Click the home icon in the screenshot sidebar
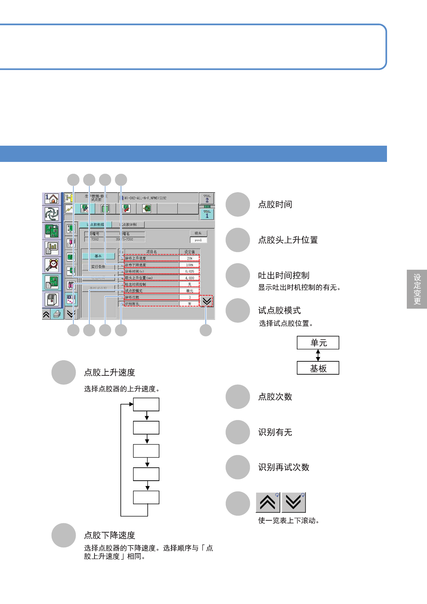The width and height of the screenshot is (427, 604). pos(52,198)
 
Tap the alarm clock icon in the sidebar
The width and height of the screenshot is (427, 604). pos(52,265)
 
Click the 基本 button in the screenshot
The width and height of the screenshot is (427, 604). pos(98,256)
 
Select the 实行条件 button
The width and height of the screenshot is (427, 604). pos(98,267)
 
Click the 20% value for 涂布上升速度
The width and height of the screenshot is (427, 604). pos(189,258)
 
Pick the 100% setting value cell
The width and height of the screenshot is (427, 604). pos(189,265)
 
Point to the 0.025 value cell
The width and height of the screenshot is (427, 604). pos(189,271)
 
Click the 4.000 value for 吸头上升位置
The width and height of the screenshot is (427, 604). pos(189,278)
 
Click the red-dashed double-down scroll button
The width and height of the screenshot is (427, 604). pos(207,301)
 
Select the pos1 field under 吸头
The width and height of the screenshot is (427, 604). pos(198,240)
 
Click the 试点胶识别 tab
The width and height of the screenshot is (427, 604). pos(128,225)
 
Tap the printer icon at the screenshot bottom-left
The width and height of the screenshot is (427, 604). pos(57,314)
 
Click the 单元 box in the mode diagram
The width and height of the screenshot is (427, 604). pos(318,343)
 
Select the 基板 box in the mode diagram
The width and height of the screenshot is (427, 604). pos(318,368)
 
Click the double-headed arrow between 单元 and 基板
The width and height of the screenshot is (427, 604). pos(318,355)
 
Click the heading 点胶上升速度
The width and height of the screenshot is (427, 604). pos(110,372)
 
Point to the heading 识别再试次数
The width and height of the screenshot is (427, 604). pos(284,467)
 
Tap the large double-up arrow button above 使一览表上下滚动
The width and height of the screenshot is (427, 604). pos(268,502)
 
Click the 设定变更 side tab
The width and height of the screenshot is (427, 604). pos(417,289)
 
